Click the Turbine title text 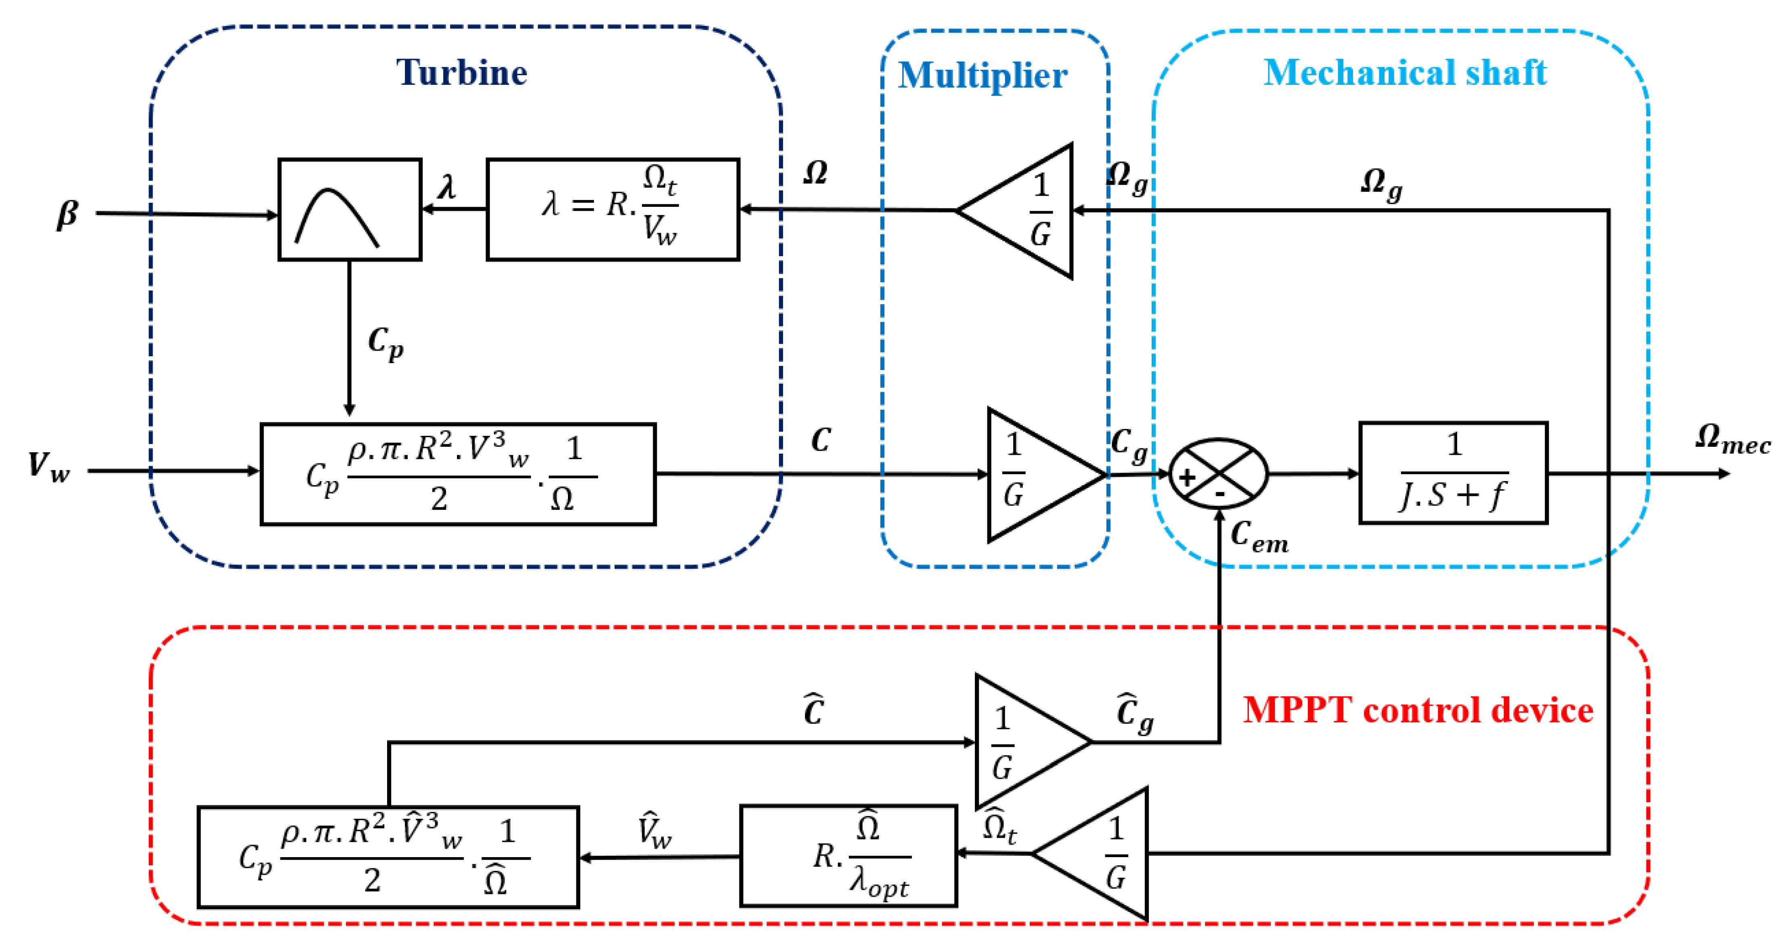click(x=462, y=72)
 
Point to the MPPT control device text click(x=1418, y=710)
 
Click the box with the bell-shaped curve click(x=350, y=209)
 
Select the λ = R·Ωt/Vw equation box click(x=612, y=209)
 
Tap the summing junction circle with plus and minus click(x=1219, y=474)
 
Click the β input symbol click(x=67, y=214)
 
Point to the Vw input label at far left click(x=49, y=466)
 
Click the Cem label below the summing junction click(x=1259, y=536)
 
